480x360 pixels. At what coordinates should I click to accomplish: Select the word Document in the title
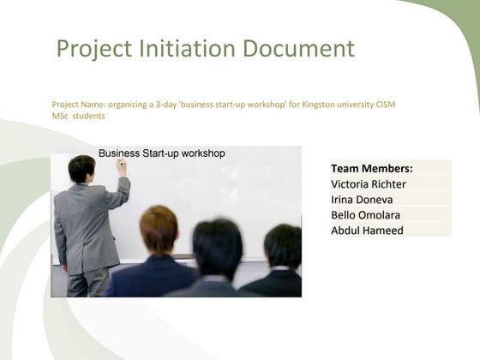pyautogui.click(x=297, y=49)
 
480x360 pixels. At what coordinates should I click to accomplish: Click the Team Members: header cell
pyautogui.click(x=371, y=169)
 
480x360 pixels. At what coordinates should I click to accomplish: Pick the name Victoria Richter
pyautogui.click(x=368, y=184)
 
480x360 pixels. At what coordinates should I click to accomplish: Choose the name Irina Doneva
pyautogui.click(x=362, y=200)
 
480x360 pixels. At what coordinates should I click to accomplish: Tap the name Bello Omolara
pyautogui.click(x=365, y=215)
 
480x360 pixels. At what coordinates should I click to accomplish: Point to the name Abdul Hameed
pyautogui.click(x=367, y=230)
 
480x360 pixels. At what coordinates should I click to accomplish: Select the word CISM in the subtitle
pyautogui.click(x=384, y=105)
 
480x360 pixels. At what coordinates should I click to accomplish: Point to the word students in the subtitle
pyautogui.click(x=88, y=116)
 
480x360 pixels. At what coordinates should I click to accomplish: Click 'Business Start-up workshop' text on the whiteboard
pyautogui.click(x=161, y=153)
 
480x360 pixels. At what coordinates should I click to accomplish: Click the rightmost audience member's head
pyautogui.click(x=282, y=246)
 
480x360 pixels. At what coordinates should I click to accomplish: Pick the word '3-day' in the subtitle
pyautogui.click(x=165, y=105)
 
